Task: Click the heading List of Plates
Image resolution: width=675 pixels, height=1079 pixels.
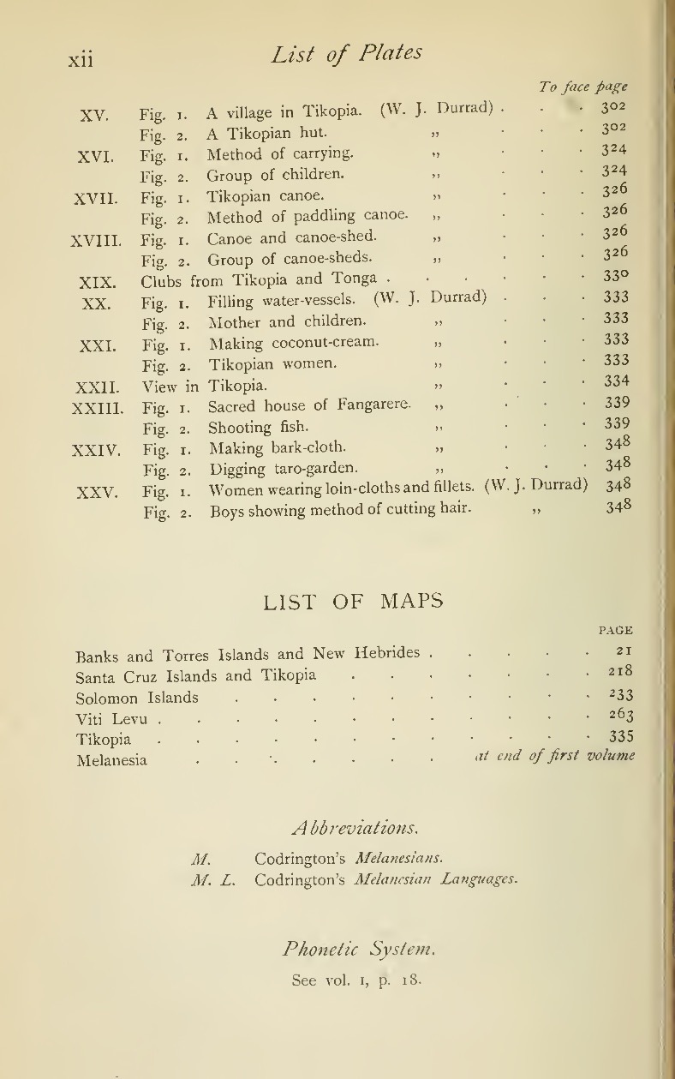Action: point(345,54)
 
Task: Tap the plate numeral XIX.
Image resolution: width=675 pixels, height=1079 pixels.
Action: point(91,280)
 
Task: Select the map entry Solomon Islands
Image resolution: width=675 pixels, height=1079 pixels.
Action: point(137,698)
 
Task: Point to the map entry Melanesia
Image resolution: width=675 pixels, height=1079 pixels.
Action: point(111,759)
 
